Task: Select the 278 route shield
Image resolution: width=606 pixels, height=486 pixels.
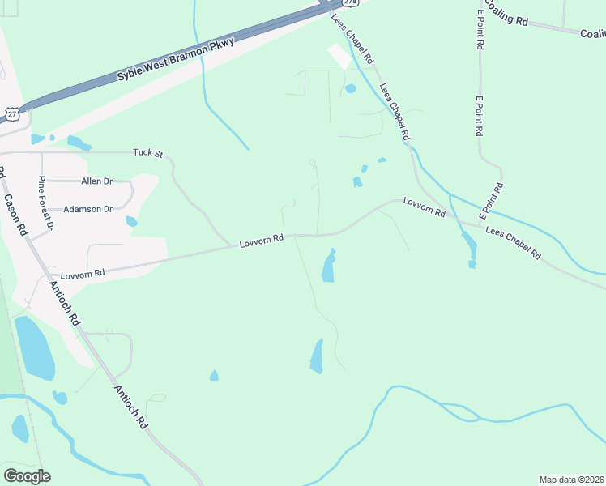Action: point(348,2)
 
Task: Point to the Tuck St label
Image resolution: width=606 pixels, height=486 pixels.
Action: point(148,152)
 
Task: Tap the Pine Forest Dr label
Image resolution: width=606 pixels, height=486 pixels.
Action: point(45,202)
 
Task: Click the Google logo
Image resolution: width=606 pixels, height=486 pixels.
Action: point(27,476)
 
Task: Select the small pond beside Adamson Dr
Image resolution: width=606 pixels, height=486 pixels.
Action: point(131,221)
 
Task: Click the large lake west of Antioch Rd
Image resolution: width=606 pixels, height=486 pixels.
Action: point(34,348)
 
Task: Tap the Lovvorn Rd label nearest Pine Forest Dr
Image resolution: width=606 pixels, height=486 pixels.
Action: point(83,274)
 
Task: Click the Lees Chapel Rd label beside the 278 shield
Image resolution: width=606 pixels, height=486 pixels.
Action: point(353,38)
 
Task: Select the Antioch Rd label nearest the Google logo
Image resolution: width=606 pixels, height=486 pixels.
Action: point(131,407)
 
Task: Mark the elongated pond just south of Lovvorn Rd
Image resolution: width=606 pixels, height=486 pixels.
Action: point(328,266)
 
